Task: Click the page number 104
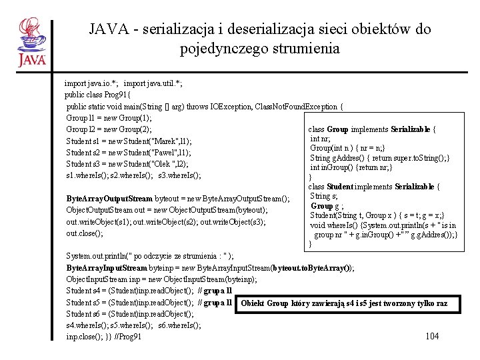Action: coord(431,336)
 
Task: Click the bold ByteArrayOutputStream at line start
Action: coord(109,199)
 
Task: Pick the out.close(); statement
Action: coord(85,233)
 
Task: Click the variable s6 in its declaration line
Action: coord(99,314)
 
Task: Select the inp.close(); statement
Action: coord(85,337)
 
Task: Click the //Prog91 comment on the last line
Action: coord(129,337)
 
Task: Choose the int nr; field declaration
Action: coord(320,139)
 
